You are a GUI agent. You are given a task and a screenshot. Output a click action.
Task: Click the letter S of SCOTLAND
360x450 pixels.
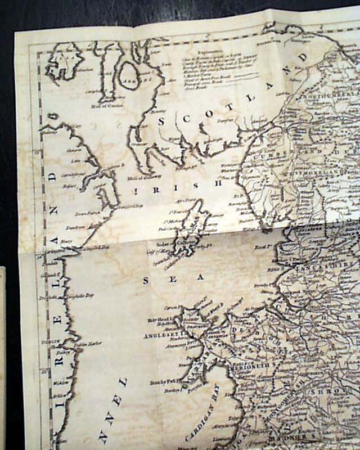(162, 121)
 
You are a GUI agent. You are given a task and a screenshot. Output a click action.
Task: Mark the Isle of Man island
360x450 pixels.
(191, 231)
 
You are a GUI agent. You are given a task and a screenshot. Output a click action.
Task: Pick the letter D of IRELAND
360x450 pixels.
(53, 175)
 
